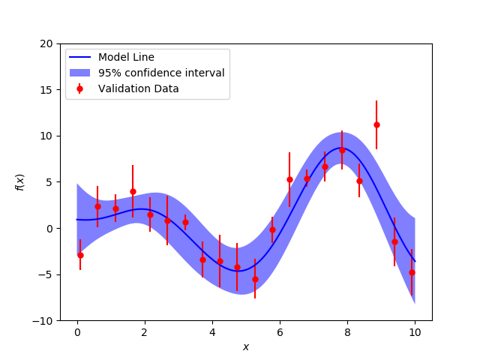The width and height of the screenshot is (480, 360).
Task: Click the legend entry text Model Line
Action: [x=126, y=57]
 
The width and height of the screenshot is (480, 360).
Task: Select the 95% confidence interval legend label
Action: [x=161, y=73]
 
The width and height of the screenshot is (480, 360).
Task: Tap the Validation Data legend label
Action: [x=138, y=88]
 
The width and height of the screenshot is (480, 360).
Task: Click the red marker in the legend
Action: [x=79, y=88]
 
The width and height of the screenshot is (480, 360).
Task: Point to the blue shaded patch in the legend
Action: [x=79, y=73]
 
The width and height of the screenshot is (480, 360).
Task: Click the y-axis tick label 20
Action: [x=46, y=43]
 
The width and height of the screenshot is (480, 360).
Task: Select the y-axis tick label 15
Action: [x=46, y=90]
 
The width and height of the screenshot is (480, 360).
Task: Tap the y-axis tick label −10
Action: [x=43, y=321]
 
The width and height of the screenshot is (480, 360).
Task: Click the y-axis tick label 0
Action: [x=49, y=229]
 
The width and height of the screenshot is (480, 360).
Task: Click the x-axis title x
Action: [x=246, y=346]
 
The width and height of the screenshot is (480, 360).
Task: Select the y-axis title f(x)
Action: [x=20, y=182]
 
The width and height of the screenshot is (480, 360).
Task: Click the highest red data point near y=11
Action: [x=376, y=124]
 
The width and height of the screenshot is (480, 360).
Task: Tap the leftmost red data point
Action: [x=80, y=255]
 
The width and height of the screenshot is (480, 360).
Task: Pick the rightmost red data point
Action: [x=412, y=272]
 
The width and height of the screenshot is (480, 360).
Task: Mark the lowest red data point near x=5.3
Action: [x=255, y=279]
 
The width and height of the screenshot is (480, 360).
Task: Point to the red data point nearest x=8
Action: [x=342, y=150]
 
